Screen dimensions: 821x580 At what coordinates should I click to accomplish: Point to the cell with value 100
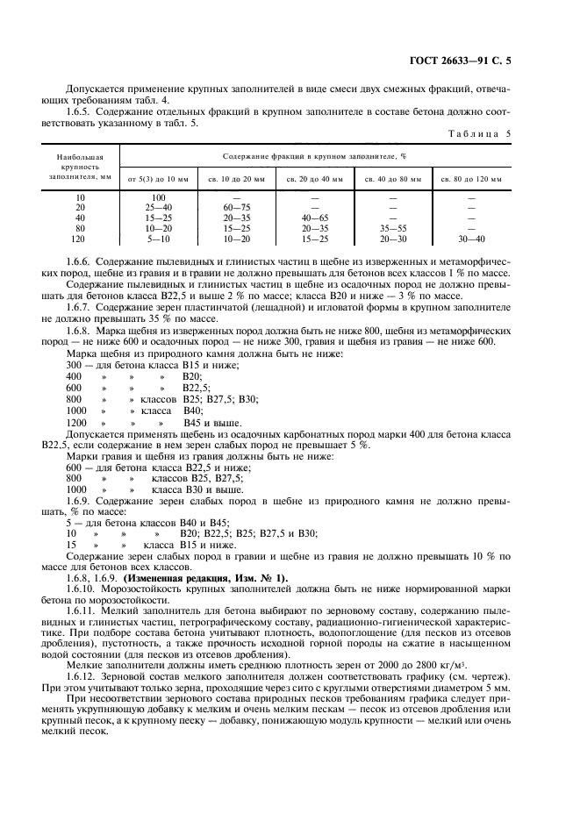[x=159, y=198]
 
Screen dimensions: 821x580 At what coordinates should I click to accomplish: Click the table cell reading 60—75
[x=236, y=208]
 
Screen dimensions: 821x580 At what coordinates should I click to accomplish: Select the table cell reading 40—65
[x=314, y=218]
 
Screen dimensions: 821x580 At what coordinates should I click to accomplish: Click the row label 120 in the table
[x=80, y=237]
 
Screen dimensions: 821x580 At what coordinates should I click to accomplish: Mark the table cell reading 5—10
[x=159, y=237]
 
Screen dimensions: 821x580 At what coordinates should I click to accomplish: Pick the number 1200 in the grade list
[x=77, y=423]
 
